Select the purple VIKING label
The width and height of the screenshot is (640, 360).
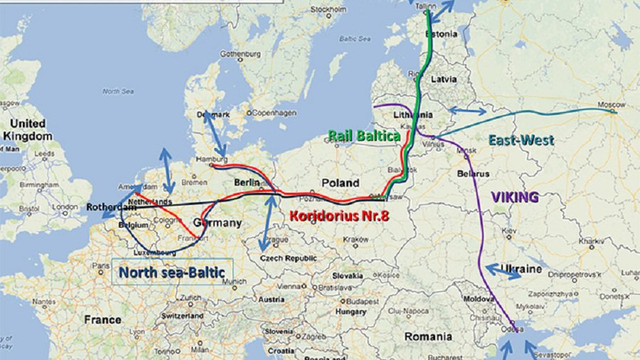click(x=514, y=197)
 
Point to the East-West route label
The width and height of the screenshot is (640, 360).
click(x=521, y=141)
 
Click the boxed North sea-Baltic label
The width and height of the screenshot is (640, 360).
click(x=171, y=272)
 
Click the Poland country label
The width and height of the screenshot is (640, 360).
click(x=341, y=183)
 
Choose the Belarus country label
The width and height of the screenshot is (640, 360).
click(x=473, y=174)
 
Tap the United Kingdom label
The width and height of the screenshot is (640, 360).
click(x=28, y=129)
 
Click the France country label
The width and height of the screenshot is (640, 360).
click(x=102, y=320)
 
